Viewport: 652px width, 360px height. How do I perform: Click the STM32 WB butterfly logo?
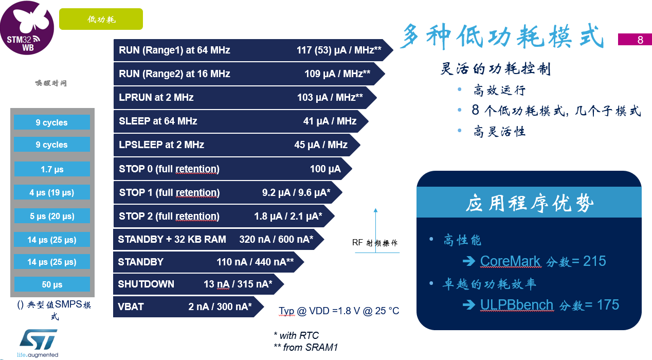[x=27, y=27]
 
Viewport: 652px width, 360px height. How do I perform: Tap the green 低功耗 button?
[x=101, y=19]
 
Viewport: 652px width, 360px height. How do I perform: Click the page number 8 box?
[x=635, y=40]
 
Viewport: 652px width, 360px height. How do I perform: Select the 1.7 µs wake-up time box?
[x=52, y=169]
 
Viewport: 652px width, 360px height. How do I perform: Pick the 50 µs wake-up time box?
[x=52, y=284]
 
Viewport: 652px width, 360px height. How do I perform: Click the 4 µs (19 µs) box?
[x=52, y=192]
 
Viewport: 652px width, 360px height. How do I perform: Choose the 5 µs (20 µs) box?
[x=52, y=216]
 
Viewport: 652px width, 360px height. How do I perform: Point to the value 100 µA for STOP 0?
[x=325, y=169]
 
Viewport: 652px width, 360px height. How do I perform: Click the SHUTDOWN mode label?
[x=146, y=284]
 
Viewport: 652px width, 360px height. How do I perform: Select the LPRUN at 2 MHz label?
[x=156, y=97]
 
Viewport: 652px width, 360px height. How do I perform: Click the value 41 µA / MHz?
[x=330, y=121]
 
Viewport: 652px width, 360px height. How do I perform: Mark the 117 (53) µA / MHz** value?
[x=339, y=50]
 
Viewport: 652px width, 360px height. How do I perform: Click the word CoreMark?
[x=510, y=261]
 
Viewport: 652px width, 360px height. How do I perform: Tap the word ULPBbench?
[x=517, y=305]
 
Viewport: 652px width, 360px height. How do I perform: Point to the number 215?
[x=594, y=261]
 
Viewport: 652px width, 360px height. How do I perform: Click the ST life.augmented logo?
[x=38, y=343]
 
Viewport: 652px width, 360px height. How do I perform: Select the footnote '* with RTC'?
[x=296, y=335]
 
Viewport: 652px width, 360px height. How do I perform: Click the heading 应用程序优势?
[x=529, y=203]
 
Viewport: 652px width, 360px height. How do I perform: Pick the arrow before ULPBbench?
[x=469, y=305]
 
